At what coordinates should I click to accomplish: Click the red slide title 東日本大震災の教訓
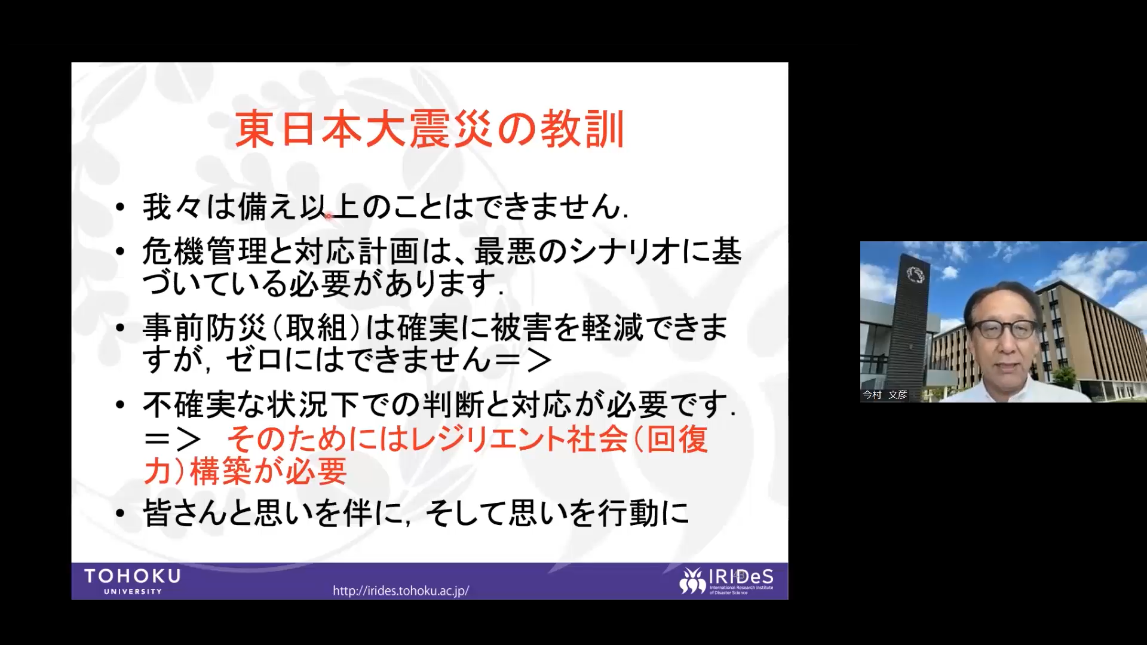430,129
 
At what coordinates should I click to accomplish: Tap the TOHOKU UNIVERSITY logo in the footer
133,581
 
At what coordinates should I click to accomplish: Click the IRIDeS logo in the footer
726,581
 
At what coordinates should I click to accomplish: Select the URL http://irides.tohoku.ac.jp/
401,591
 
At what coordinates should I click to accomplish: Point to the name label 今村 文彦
885,395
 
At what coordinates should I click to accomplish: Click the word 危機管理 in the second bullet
205,251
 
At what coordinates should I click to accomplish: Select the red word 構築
220,471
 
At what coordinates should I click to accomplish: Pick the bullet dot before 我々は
120,207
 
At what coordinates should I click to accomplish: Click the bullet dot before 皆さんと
120,513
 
